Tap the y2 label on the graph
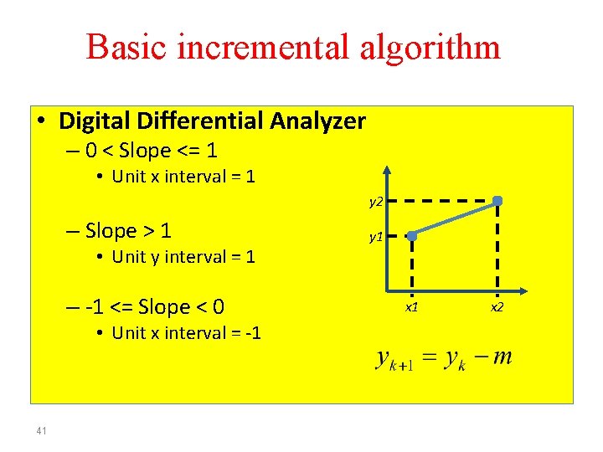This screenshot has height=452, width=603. click(376, 202)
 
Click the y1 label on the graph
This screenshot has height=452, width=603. click(376, 237)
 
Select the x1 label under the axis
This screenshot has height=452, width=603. click(411, 307)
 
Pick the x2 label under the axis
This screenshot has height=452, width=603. click(497, 307)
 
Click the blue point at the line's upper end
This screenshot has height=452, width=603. click(497, 201)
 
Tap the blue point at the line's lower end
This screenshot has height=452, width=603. click(411, 237)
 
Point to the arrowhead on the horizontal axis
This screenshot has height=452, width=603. click(522, 290)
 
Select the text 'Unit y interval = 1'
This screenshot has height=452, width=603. click(183, 257)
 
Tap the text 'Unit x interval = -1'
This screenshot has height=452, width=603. click(186, 333)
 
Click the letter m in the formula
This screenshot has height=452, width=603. click(502, 357)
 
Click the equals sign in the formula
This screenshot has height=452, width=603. click(428, 358)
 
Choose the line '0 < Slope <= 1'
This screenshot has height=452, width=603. click(151, 151)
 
